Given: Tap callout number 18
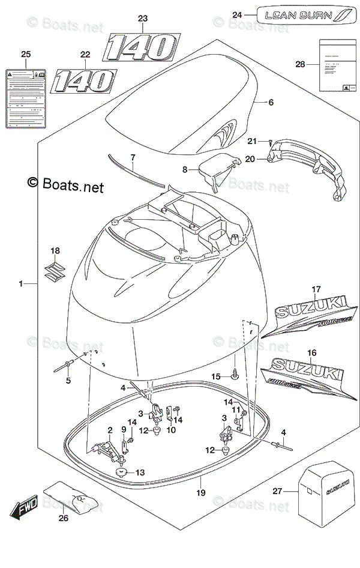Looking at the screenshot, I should pyautogui.click(x=55, y=250).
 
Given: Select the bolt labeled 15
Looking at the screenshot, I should pyautogui.click(x=235, y=377).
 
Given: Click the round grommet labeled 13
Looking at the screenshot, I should pyautogui.click(x=122, y=473).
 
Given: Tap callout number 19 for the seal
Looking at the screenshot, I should pyautogui.click(x=201, y=494).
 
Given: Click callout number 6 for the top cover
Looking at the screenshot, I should pyautogui.click(x=271, y=103).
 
